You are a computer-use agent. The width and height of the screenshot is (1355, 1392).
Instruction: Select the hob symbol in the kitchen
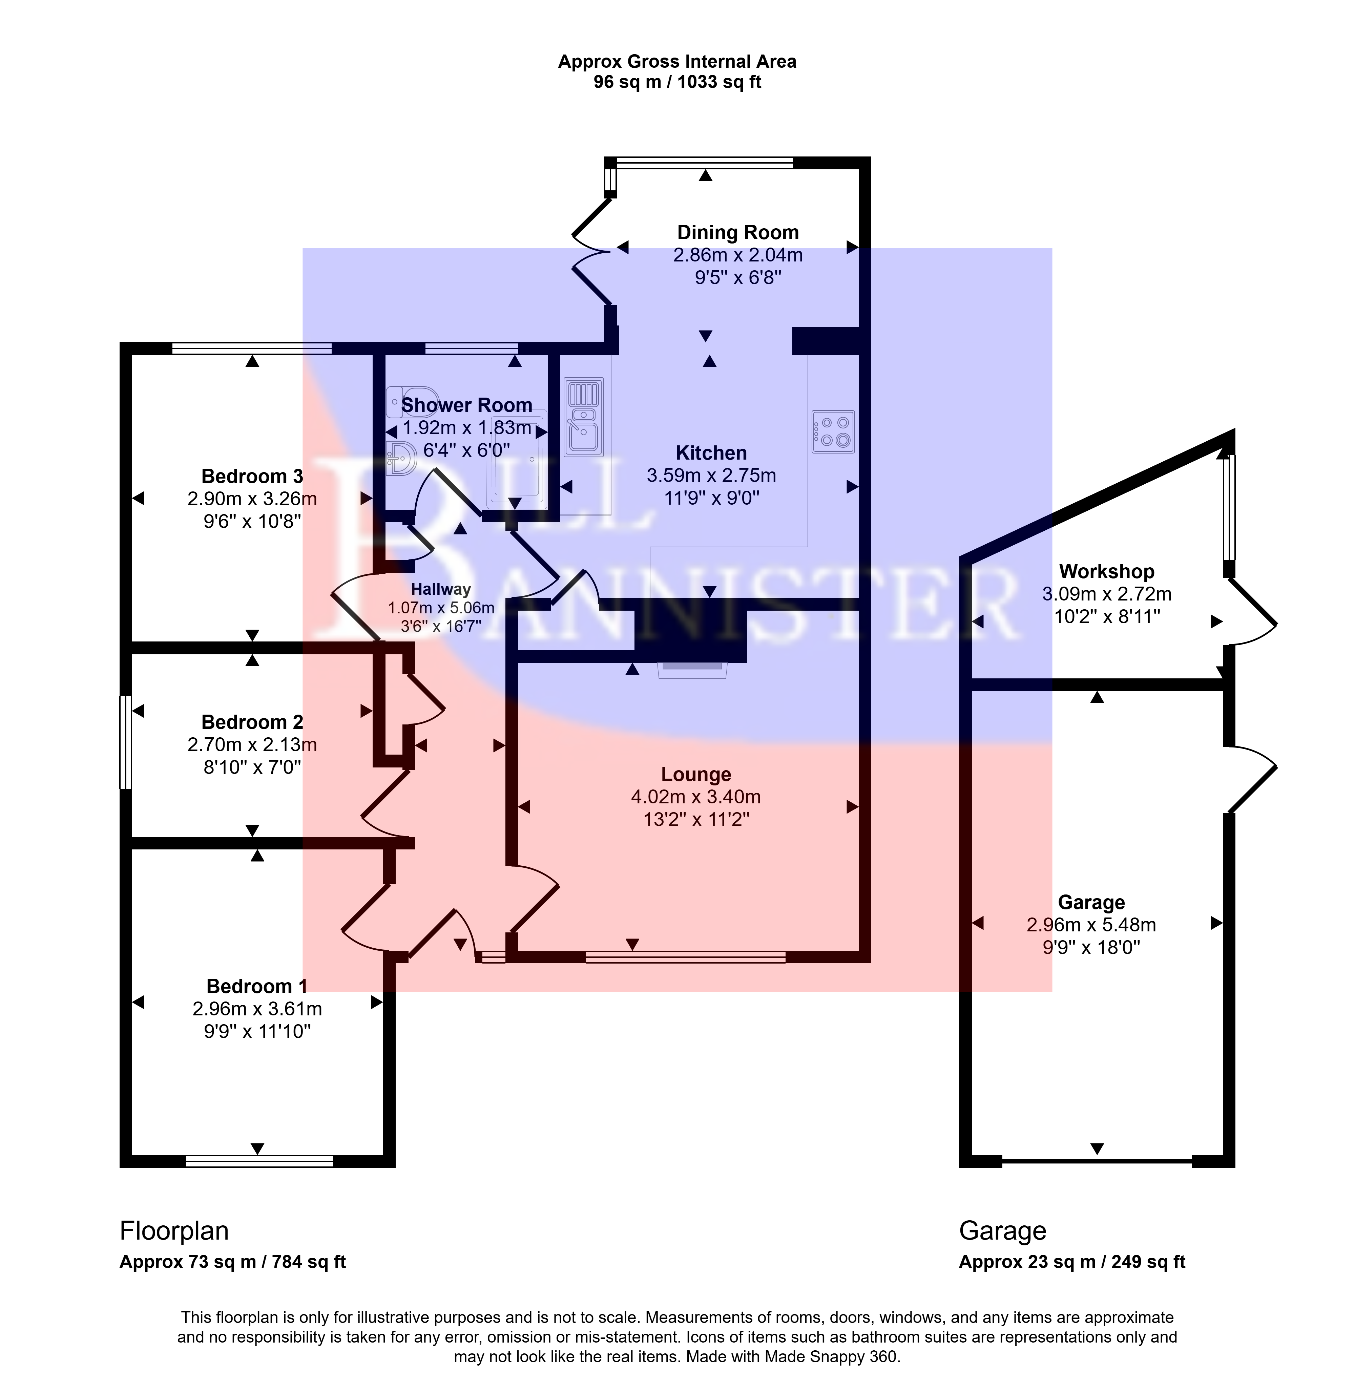click(833, 431)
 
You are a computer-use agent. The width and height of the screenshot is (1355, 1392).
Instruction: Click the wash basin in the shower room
click(402, 458)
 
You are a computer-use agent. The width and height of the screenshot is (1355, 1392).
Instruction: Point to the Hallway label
click(441, 589)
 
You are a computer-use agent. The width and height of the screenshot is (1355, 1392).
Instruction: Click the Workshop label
click(1107, 571)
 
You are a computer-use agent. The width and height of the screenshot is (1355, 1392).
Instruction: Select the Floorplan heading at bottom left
click(174, 1230)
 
